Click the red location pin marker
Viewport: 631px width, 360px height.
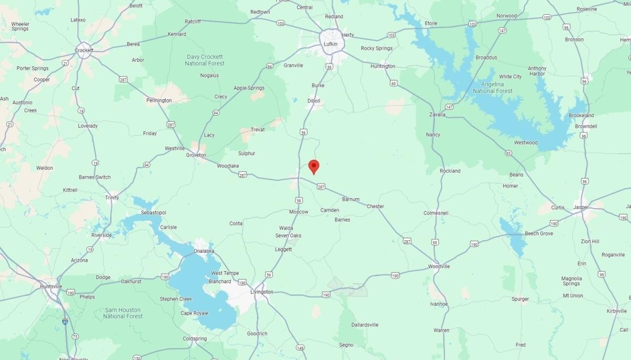[x=314, y=167]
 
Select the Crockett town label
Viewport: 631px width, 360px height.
[x=84, y=50]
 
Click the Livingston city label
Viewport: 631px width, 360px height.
[x=262, y=292]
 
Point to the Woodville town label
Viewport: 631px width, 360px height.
[x=439, y=266]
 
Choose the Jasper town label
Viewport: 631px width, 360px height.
[x=581, y=207]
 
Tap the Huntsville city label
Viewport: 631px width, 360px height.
[x=51, y=286]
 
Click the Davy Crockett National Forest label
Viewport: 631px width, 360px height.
[x=205, y=60]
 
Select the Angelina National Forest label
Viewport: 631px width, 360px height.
[x=492, y=87]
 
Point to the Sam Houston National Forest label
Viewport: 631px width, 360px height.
[x=123, y=313]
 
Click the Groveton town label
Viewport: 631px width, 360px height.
[x=196, y=155]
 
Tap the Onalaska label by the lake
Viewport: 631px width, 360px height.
[x=205, y=251]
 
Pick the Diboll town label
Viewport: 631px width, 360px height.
[x=314, y=100]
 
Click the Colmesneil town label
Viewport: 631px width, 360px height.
[x=438, y=213]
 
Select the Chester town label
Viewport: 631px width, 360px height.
[x=375, y=207]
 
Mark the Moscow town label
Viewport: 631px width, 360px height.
[x=299, y=212]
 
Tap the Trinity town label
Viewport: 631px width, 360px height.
[x=112, y=198]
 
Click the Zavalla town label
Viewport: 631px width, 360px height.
[x=437, y=114]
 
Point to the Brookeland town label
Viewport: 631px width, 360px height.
[x=582, y=116]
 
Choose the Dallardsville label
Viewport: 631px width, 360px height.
[x=365, y=325]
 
